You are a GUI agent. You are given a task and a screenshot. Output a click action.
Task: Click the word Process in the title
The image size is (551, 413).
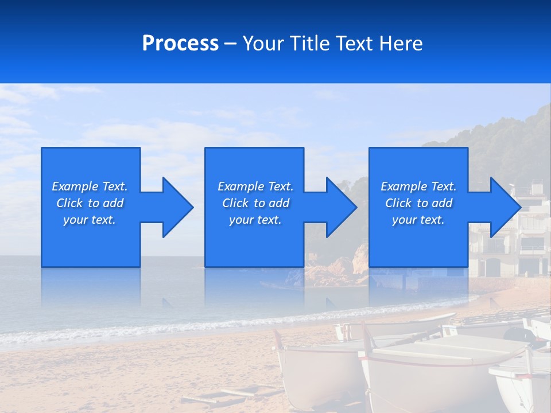coord(180,44)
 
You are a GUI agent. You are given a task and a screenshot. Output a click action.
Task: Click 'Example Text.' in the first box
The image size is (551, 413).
coord(90,186)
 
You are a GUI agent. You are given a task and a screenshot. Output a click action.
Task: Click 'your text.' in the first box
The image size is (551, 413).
coord(90,220)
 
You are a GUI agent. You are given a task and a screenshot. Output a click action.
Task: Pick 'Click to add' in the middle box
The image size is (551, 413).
coord(255,203)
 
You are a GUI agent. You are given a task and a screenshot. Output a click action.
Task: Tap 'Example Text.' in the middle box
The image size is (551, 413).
coord(255,186)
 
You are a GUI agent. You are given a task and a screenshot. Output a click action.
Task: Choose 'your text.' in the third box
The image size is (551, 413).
coord(418,220)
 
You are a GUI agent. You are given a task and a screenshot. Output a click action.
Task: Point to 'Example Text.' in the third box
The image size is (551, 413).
coord(418,186)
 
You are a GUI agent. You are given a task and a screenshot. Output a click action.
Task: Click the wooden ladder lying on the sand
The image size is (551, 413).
coord(230,396)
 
